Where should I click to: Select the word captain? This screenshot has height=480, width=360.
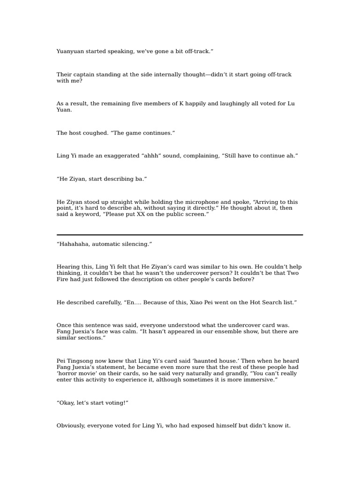click(x=85, y=75)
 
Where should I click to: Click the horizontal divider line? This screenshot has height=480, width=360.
click(x=180, y=235)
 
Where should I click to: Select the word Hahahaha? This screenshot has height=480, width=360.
click(x=75, y=244)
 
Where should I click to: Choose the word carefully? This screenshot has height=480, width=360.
click(x=105, y=303)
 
